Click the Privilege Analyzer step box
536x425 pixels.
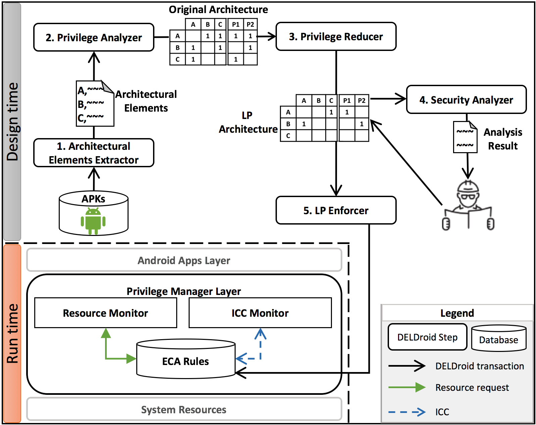[94, 37]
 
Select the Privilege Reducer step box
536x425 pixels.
[336, 37]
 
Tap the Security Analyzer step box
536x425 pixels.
[466, 100]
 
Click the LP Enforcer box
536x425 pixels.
[336, 210]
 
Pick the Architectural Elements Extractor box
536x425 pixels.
[94, 153]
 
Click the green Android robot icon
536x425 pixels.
[93, 221]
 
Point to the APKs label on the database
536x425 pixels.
[93, 199]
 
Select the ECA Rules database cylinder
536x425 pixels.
[186, 361]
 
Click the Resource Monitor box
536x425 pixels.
[105, 313]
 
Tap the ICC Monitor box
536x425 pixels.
[260, 313]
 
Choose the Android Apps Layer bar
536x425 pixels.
[184, 260]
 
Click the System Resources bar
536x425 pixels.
[184, 409]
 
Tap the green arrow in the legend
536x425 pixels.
[406, 387]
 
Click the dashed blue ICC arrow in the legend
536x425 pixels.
[406, 412]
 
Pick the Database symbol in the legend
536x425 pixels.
[498, 339]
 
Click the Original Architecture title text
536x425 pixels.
[218, 9]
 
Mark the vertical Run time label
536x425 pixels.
[12, 333]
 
